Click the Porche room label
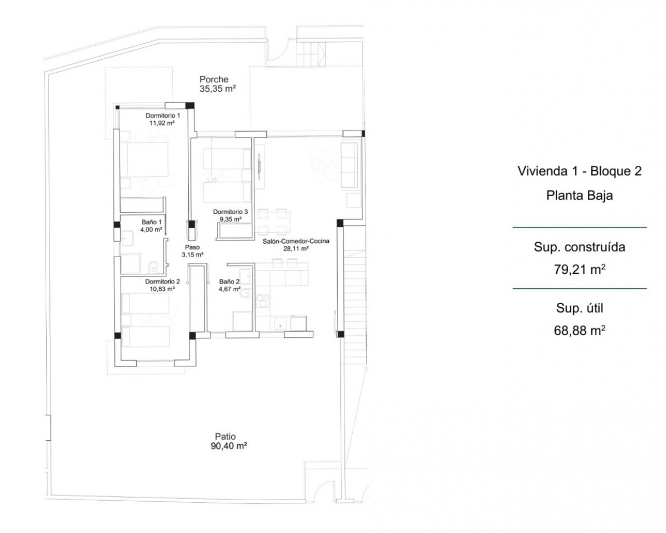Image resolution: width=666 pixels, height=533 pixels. (x=214, y=79)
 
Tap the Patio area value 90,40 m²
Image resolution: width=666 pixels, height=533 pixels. (x=229, y=446)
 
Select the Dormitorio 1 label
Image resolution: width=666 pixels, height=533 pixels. (x=163, y=116)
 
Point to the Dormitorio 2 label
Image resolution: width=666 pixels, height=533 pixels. (x=162, y=282)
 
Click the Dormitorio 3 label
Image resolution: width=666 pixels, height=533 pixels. (x=230, y=212)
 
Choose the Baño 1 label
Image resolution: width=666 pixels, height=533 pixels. (x=151, y=222)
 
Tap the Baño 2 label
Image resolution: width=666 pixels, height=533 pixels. (x=229, y=282)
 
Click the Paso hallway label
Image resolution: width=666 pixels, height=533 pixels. (x=192, y=247)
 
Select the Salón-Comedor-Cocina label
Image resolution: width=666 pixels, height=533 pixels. (x=296, y=241)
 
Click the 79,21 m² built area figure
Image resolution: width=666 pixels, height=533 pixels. (x=579, y=270)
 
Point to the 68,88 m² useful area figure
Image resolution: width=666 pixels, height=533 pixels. (x=579, y=331)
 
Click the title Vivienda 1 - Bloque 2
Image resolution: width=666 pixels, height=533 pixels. (x=579, y=171)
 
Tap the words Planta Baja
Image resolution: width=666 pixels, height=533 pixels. (x=579, y=195)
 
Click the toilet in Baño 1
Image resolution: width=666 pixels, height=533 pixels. (x=153, y=266)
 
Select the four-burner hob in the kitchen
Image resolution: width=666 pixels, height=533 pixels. (x=263, y=300)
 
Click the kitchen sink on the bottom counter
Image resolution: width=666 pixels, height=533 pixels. (x=281, y=324)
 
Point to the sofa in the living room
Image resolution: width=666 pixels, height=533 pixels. (x=350, y=164)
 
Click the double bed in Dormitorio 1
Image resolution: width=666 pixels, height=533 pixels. (x=148, y=160)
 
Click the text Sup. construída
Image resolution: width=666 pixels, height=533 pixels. (x=579, y=247)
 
